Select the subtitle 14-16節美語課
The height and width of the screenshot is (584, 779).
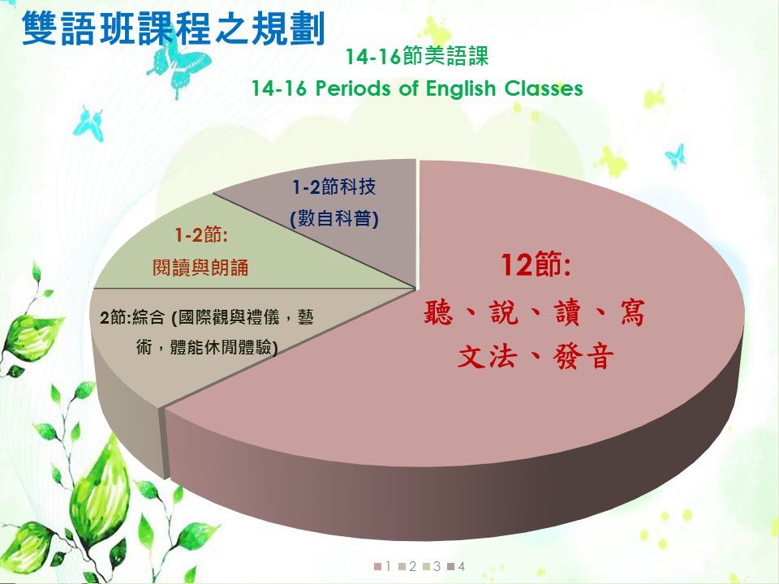click(x=417, y=56)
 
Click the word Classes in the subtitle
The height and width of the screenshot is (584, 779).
click(x=544, y=88)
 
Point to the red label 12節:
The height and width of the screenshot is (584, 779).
click(x=536, y=264)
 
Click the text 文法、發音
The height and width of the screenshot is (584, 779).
click(x=536, y=356)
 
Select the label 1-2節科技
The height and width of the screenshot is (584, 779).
click(x=334, y=187)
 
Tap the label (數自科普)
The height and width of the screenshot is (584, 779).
click(x=334, y=218)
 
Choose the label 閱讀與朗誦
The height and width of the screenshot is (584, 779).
click(x=200, y=268)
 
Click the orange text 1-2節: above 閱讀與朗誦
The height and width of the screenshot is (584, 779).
click(x=200, y=235)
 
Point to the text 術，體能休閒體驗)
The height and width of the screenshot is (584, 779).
click(x=207, y=347)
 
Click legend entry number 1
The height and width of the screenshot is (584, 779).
click(x=382, y=566)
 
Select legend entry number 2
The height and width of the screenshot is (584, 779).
click(x=407, y=566)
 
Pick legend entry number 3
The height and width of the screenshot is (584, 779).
click(x=432, y=566)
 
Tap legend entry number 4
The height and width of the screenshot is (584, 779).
click(x=456, y=566)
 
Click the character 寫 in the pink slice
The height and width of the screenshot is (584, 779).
click(x=632, y=313)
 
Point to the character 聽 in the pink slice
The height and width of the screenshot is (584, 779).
click(x=439, y=313)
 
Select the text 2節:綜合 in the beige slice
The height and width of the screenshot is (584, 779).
click(x=132, y=317)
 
